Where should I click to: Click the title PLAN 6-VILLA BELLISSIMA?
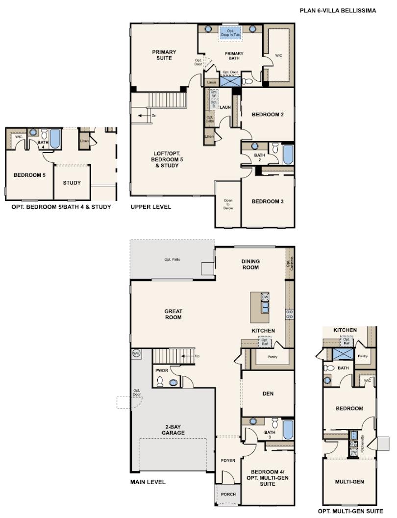coord(338,10)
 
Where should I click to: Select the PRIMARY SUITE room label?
coord(164,55)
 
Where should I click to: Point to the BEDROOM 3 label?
coord(268,201)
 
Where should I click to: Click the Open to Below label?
coord(228,204)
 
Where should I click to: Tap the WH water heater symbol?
coord(136,353)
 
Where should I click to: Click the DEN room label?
coord(268,394)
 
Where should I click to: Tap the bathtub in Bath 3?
coord(288,429)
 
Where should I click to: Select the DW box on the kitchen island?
coord(265,297)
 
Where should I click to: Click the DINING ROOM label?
coord(250,264)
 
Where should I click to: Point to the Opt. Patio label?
coord(172,259)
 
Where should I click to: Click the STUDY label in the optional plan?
coord(72,183)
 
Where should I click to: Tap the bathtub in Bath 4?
coord(55,139)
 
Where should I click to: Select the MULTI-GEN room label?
coord(349,482)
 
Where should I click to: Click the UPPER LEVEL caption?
coord(150,207)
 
